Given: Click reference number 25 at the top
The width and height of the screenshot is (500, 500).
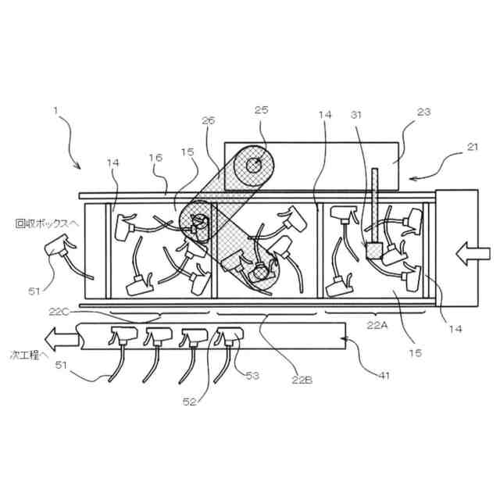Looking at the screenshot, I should click(261, 110).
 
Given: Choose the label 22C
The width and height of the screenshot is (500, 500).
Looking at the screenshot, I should click(60, 312).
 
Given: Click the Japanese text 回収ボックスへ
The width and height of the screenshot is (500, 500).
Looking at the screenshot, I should click(47, 223).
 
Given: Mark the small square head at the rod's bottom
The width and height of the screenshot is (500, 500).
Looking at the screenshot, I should click(374, 250).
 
